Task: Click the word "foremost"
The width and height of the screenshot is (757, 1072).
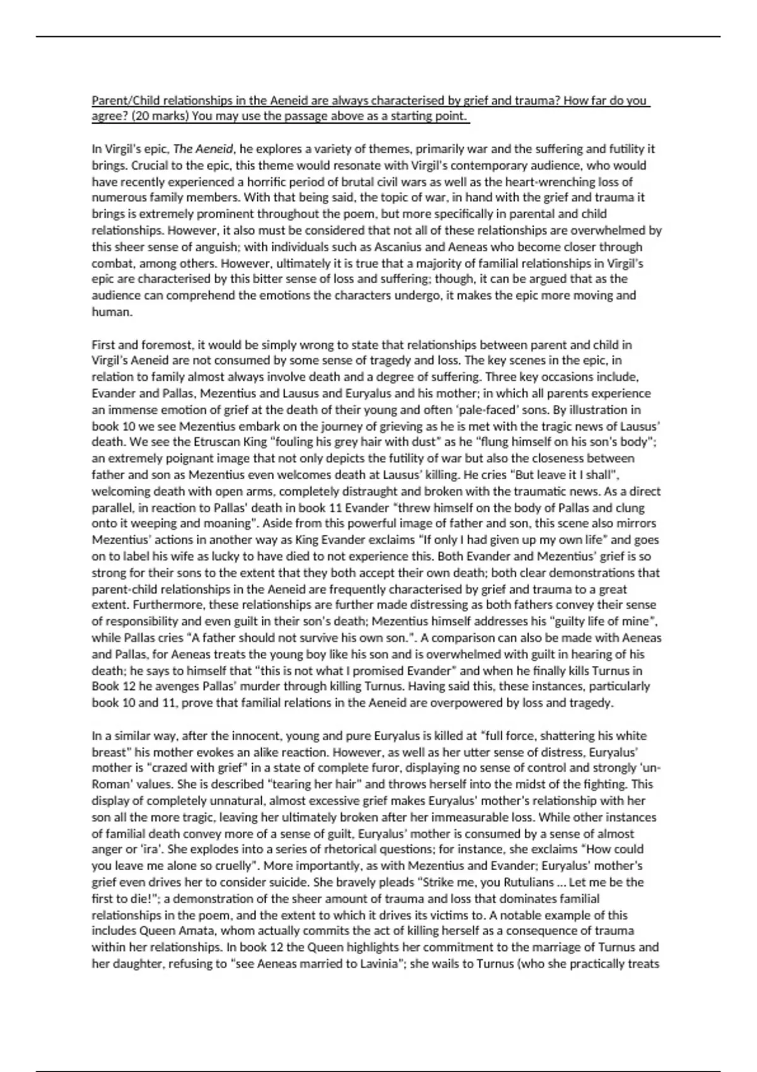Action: (162, 345)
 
